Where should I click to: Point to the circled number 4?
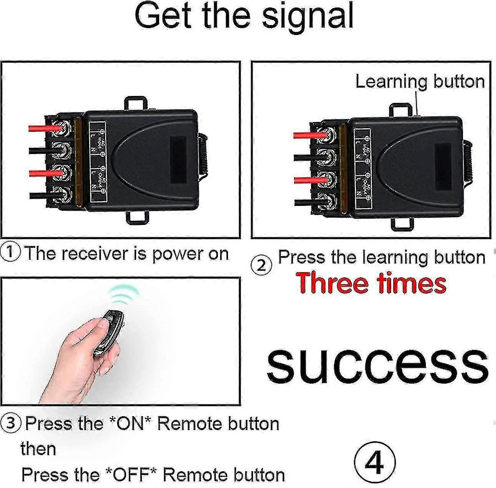(374, 462)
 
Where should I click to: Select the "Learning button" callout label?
(419, 82)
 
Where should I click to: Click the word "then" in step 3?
(38, 449)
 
